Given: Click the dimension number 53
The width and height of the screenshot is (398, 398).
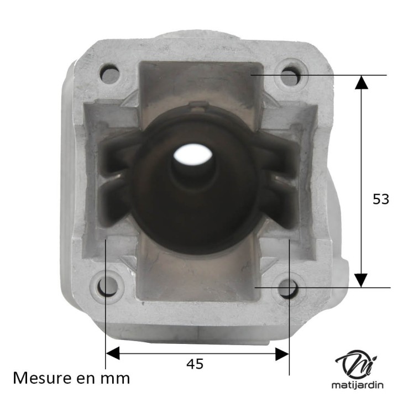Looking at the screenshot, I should [381, 200].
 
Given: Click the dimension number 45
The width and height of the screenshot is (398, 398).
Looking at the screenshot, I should [195, 364].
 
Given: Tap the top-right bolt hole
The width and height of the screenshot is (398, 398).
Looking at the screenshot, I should [290, 75].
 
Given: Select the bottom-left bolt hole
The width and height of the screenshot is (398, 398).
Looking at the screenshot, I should [108, 286].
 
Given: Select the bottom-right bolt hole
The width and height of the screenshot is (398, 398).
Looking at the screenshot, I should [288, 287].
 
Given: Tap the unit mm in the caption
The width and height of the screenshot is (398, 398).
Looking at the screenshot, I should [117, 379].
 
